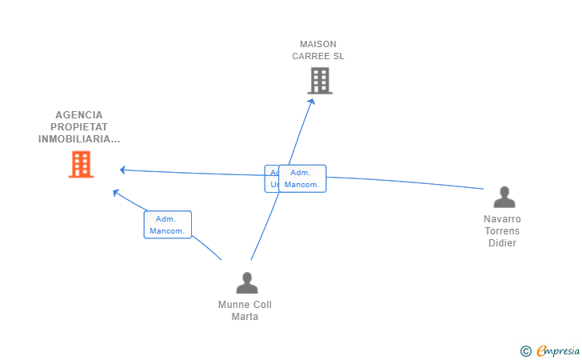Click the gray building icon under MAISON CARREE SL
coord(320,81)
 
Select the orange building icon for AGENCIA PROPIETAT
coord(81,165)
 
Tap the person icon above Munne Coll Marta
coord(247,282)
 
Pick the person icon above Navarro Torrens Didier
coord(504,197)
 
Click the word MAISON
coord(318,44)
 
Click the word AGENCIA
coord(79,114)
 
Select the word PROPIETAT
coord(79,126)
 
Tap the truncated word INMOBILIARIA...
coord(79,138)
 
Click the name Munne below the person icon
coord(233,304)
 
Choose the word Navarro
coord(502,218)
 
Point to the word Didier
coord(502,243)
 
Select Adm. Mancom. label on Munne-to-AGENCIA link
coord(167,225)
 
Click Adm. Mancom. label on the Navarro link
coord(302,178)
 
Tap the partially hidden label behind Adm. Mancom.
coord(272,178)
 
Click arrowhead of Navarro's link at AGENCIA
coord(122,170)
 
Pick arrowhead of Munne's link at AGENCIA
coord(116,192)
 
